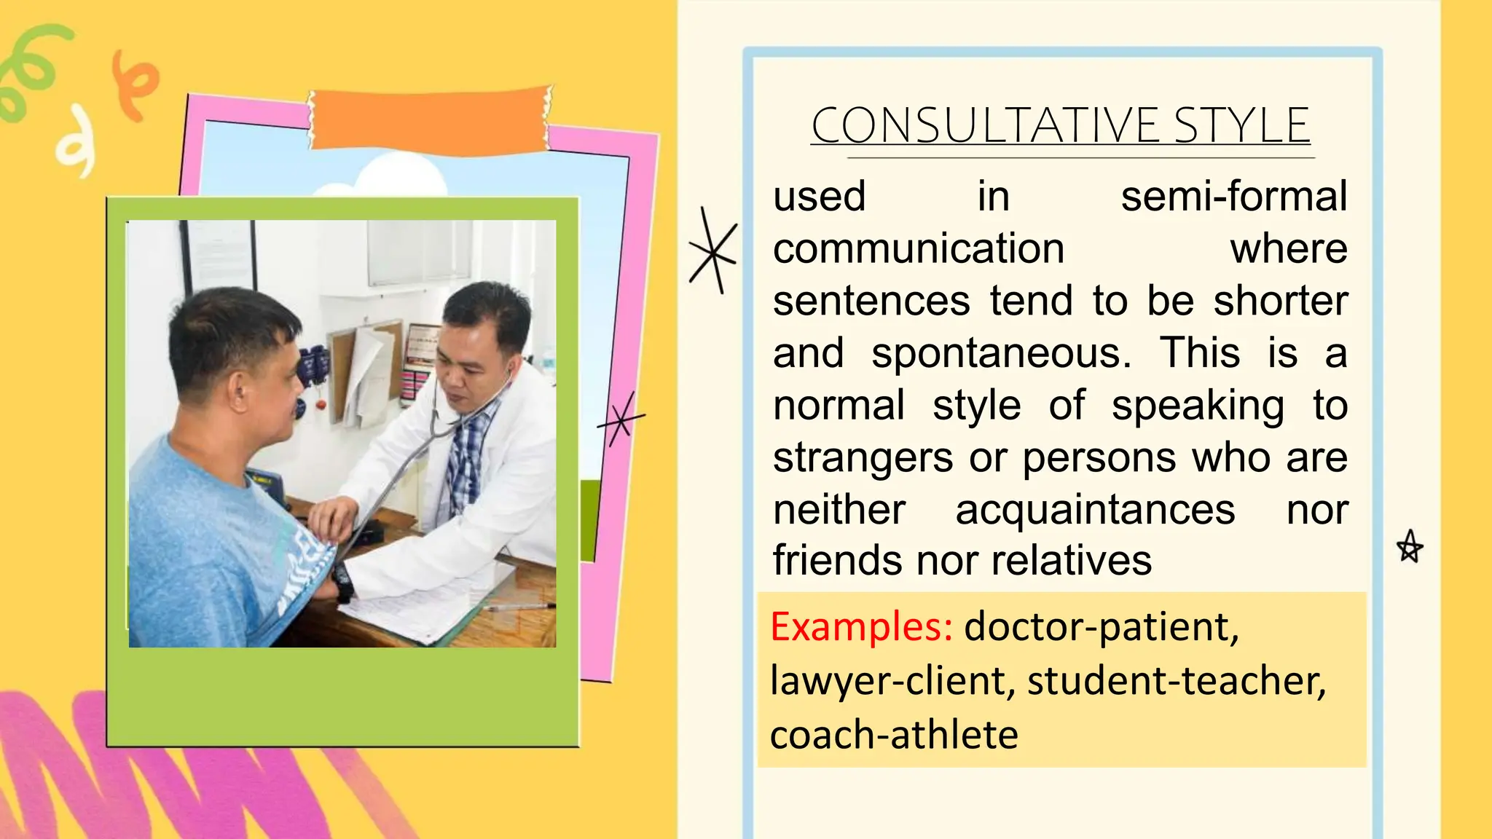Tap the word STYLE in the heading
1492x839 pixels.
point(1241,125)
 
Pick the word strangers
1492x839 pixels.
point(863,458)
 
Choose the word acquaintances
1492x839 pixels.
point(1095,510)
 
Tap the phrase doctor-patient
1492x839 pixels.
point(1101,626)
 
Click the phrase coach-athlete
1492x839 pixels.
point(894,734)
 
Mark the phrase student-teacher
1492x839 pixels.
point(1176,681)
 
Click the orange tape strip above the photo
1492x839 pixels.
point(430,119)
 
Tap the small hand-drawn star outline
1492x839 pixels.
point(1410,547)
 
